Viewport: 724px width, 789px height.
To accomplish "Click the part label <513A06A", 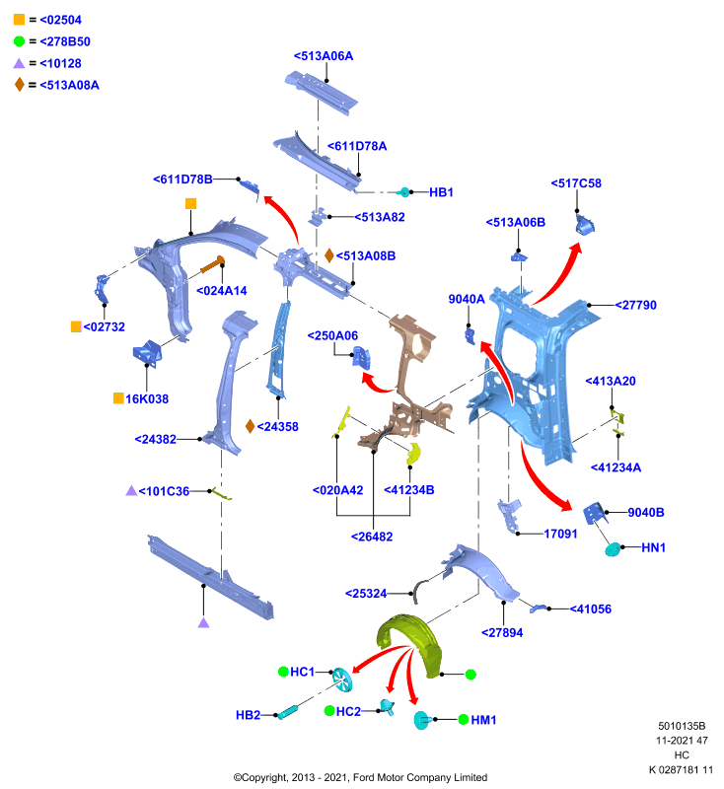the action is [x=324, y=56].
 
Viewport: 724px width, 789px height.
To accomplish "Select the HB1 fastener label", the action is [x=441, y=192].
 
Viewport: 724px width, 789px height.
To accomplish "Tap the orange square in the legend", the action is [x=19, y=20].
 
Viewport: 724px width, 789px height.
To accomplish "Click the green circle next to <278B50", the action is [x=19, y=41].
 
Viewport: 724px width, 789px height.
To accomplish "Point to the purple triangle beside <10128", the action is [x=19, y=63].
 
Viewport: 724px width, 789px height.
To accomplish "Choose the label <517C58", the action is [x=576, y=183].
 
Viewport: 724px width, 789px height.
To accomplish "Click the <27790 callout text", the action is [x=636, y=305].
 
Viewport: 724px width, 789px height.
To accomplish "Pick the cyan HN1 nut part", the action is [x=613, y=549].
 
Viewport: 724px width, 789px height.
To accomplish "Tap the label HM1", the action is [x=483, y=720].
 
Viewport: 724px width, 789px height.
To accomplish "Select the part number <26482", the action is [x=372, y=537].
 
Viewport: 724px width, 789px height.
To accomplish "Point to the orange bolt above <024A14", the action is [x=212, y=264].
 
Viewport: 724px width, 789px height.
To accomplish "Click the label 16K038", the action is [x=147, y=399].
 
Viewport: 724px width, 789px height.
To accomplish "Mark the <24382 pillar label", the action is [x=156, y=439].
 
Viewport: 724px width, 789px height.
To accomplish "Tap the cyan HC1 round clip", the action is [x=342, y=680].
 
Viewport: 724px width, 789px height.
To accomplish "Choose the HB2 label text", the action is [x=248, y=715].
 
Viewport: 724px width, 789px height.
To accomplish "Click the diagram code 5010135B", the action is [x=682, y=726].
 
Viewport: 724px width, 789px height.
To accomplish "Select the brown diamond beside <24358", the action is [x=250, y=426].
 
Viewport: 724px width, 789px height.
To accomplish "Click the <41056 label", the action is [x=591, y=609].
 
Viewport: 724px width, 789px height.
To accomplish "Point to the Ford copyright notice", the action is [x=360, y=777].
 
